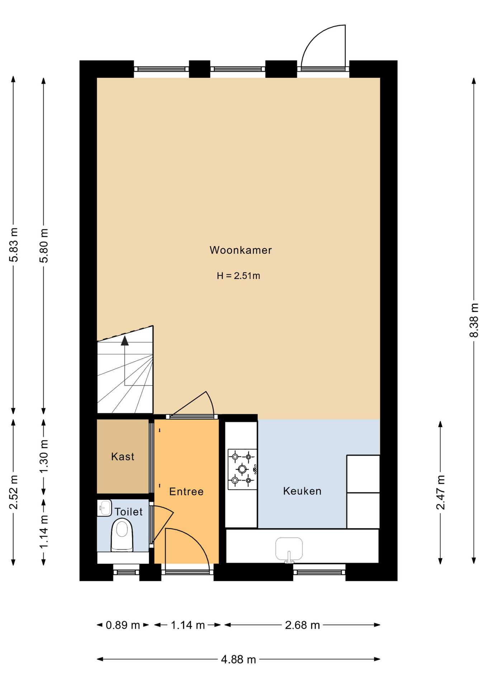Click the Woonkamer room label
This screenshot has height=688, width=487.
(241, 250)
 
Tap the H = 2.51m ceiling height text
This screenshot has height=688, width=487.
(238, 276)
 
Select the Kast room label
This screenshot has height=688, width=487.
(123, 457)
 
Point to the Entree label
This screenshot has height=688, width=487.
(186, 492)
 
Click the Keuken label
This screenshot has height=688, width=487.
(302, 491)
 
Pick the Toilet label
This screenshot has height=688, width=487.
(128, 512)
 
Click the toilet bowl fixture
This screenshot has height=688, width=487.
(122, 535)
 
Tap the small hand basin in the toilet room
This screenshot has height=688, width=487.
(104, 508)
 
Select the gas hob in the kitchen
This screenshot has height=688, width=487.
(242, 469)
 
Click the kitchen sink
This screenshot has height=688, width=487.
(289, 549)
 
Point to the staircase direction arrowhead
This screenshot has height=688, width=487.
(125, 340)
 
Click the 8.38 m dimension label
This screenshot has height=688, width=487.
(474, 320)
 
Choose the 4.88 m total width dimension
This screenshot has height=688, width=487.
(238, 659)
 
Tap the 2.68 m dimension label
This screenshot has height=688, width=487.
(302, 625)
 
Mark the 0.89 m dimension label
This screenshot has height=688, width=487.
(123, 625)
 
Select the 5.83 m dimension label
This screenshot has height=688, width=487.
(14, 245)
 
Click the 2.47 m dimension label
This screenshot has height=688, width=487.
(440, 492)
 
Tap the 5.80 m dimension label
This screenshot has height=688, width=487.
(44, 245)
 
